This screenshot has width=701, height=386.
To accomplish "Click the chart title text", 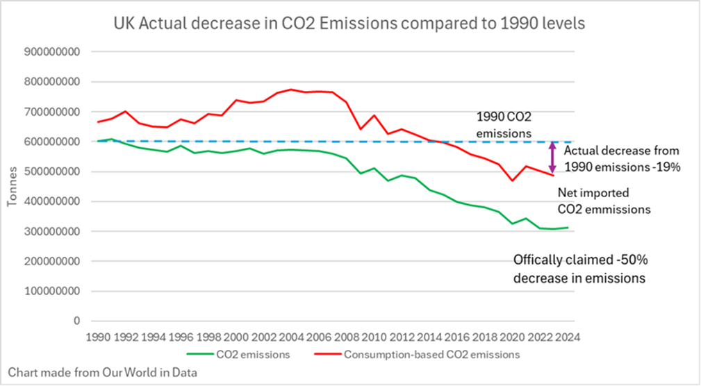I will point(349,23).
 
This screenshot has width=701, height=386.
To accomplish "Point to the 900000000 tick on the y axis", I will point(52,51).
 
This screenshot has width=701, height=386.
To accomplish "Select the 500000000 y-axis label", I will point(52,171).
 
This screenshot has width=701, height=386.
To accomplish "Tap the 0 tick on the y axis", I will point(78,321).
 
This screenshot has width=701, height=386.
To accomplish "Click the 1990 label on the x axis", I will point(97,337).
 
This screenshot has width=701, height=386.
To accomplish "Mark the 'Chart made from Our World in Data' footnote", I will point(103,372).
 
